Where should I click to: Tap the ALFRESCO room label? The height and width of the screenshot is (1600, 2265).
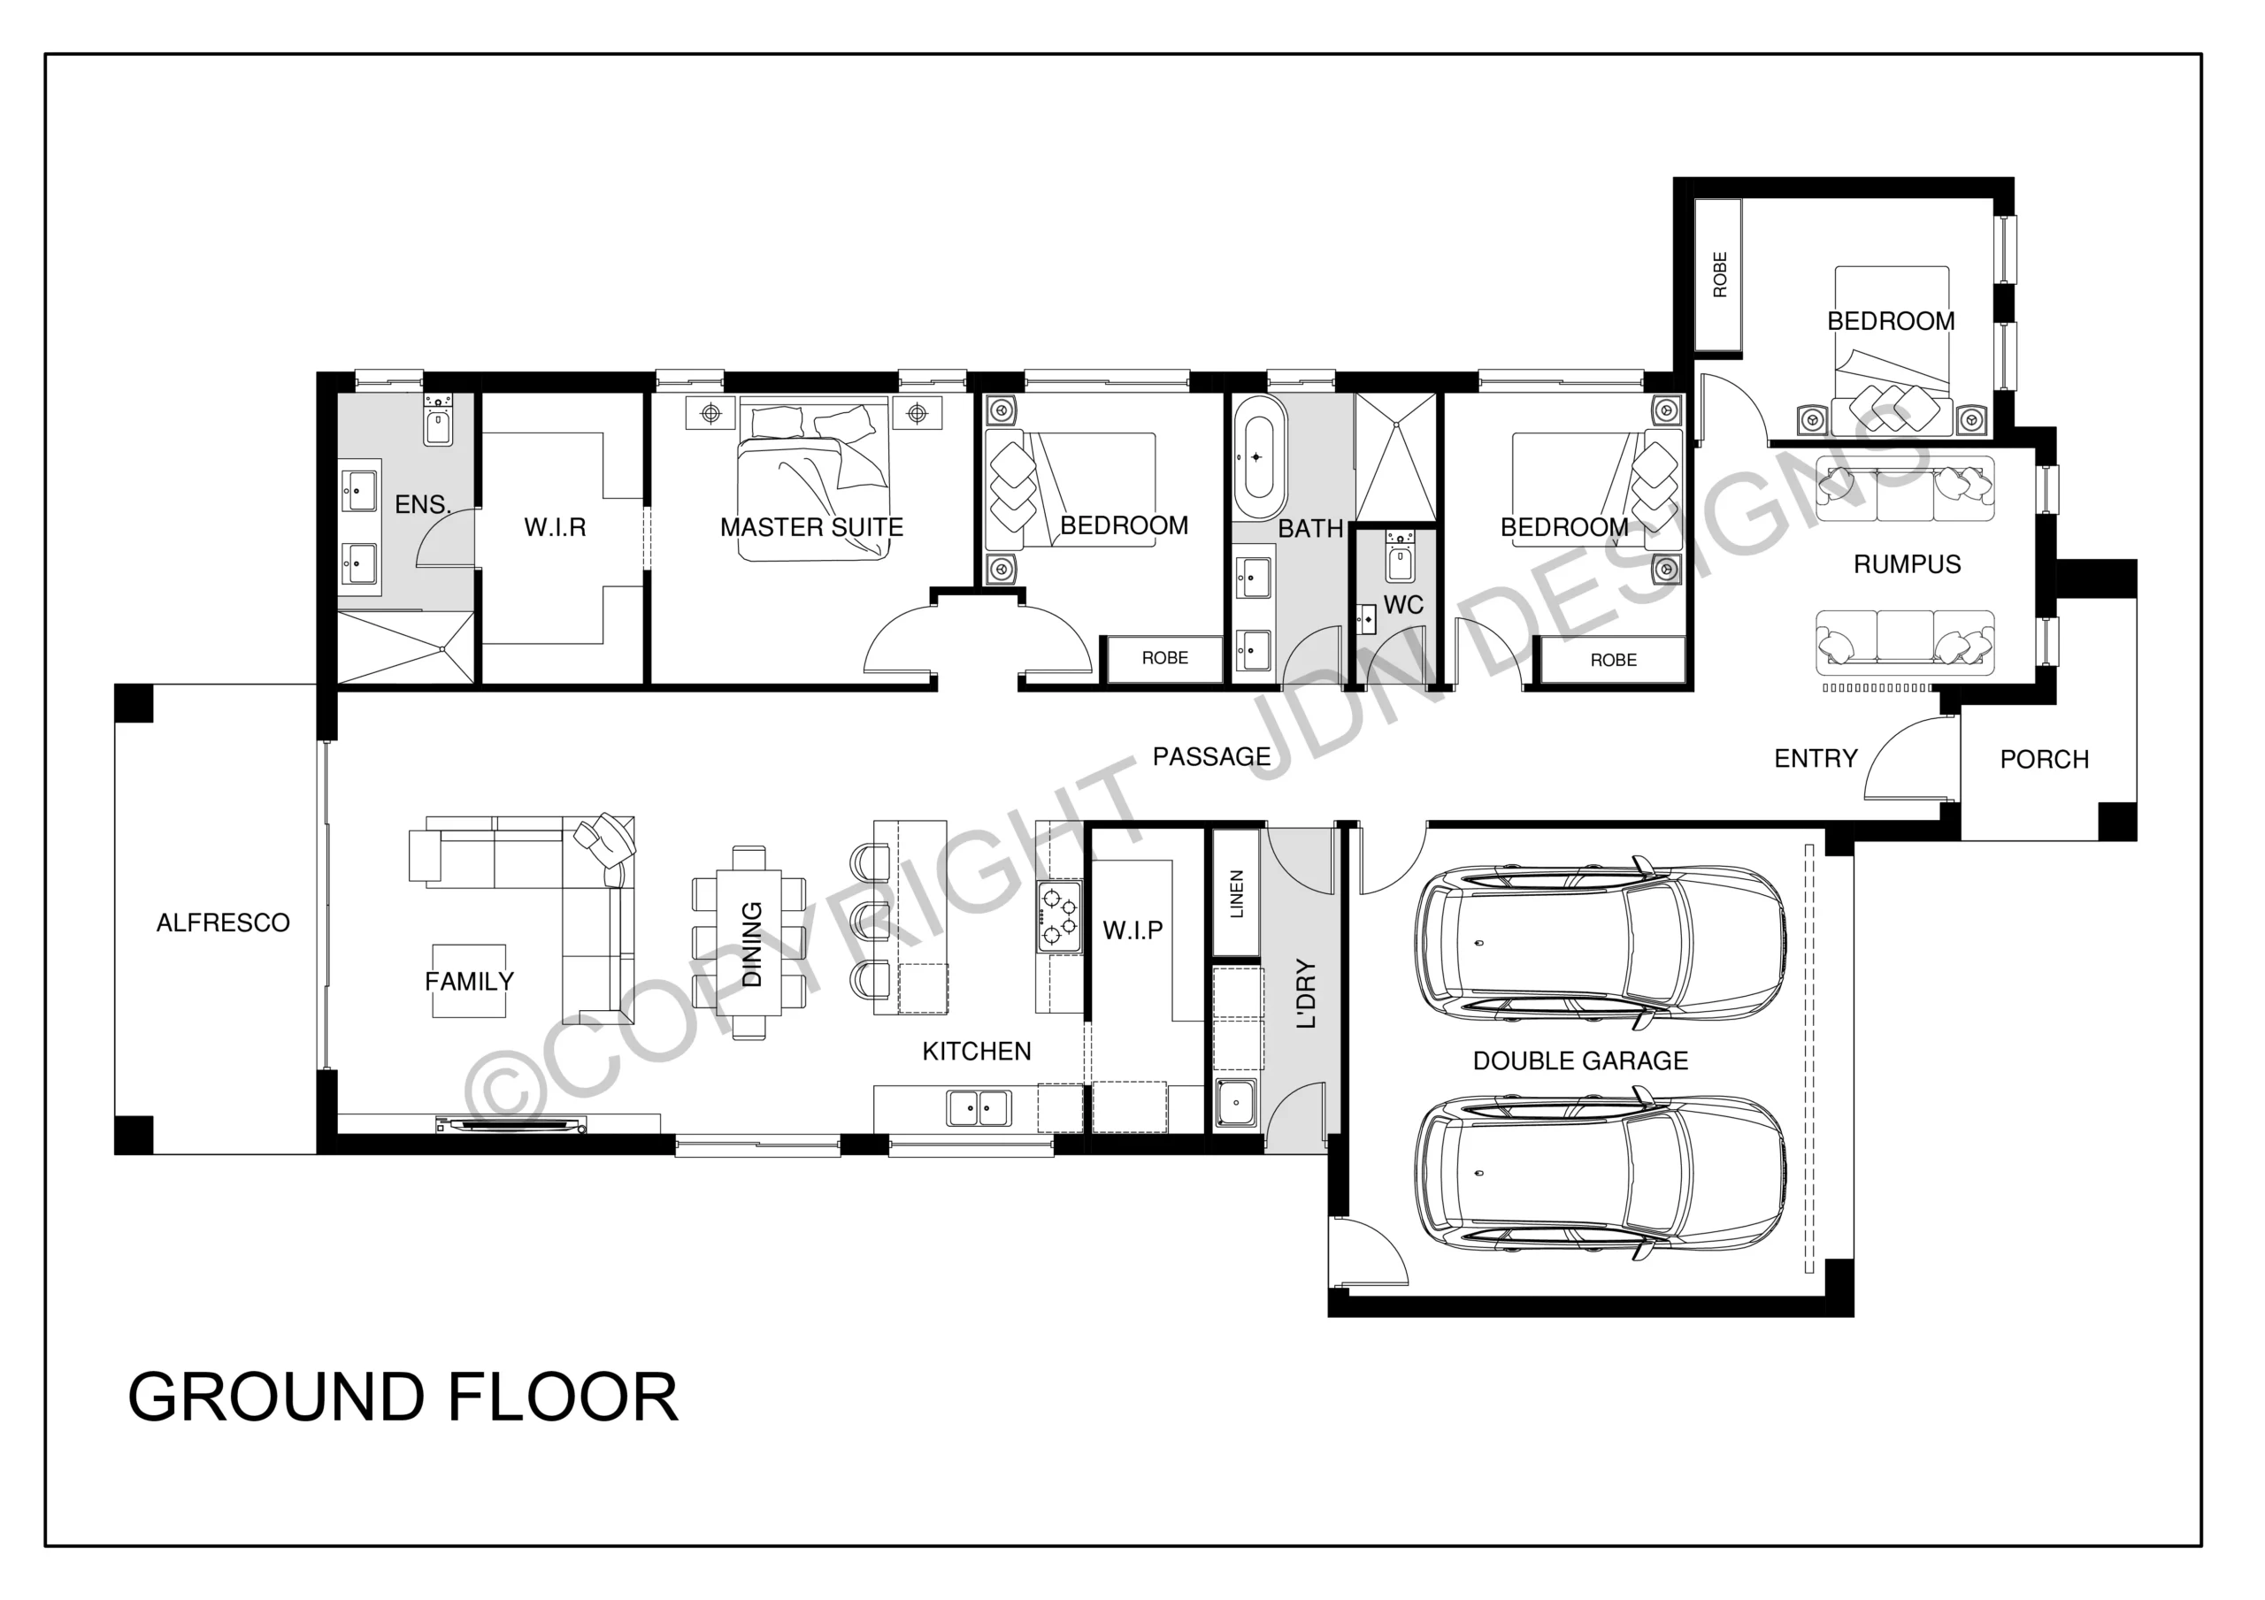pyautogui.click(x=223, y=922)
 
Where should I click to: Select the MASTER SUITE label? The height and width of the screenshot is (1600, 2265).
pyautogui.click(x=811, y=528)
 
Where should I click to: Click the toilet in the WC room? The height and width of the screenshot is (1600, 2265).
pyautogui.click(x=1400, y=557)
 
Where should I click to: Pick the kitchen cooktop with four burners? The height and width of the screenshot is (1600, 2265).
pyautogui.click(x=1059, y=916)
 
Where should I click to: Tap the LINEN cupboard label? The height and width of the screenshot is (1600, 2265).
pyautogui.click(x=1236, y=893)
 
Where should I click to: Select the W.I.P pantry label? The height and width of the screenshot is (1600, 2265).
pyautogui.click(x=1132, y=930)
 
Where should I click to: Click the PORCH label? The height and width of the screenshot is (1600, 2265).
pyautogui.click(x=2044, y=760)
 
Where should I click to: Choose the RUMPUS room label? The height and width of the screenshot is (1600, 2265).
pyautogui.click(x=1907, y=564)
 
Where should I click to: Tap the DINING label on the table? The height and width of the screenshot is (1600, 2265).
pyautogui.click(x=752, y=944)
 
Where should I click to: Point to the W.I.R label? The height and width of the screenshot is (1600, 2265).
pyautogui.click(x=555, y=528)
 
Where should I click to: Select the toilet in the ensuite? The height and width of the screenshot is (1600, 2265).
pyautogui.click(x=438, y=420)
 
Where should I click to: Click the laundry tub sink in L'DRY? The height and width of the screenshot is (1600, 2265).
pyautogui.click(x=1236, y=1103)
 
